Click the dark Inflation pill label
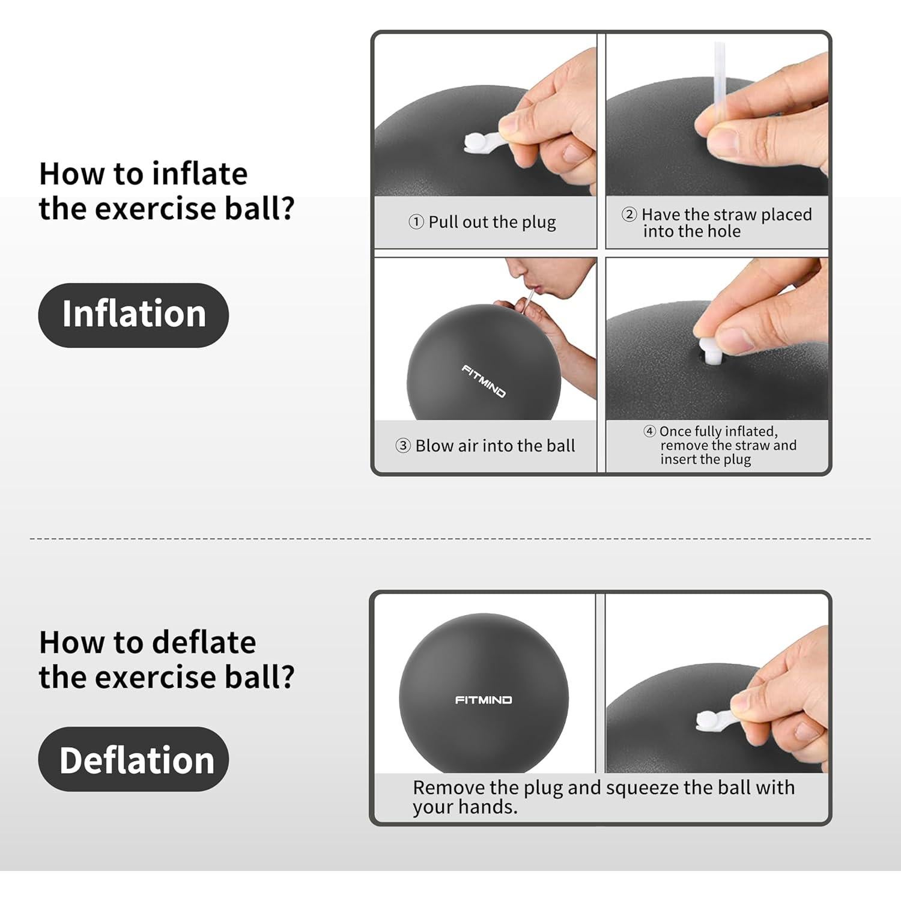(133, 315)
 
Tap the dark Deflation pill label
(133, 759)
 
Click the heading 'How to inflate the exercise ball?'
(166, 191)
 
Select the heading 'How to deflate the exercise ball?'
(166, 660)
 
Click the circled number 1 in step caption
(416, 222)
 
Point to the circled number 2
(628, 214)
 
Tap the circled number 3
(402, 446)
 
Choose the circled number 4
(649, 431)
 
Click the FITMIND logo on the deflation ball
(484, 700)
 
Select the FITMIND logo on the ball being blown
(484, 381)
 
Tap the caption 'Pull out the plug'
(492, 222)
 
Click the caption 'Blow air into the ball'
(495, 446)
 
